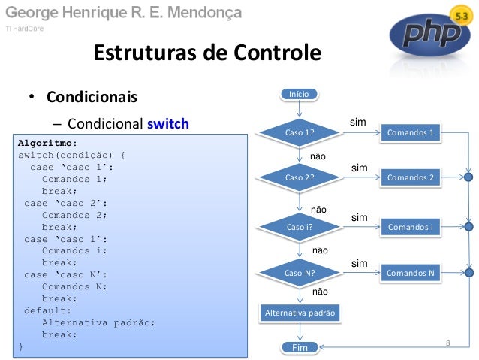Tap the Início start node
tap(299, 94)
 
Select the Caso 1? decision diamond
tap(299, 133)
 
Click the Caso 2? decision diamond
tap(299, 177)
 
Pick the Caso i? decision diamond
tap(299, 225)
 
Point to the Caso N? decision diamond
tap(299, 272)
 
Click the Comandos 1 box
tap(410, 133)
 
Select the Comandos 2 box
tap(410, 177)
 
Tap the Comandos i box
tap(410, 225)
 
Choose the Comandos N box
tap(410, 272)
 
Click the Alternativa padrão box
tap(300, 312)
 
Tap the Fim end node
tap(299, 347)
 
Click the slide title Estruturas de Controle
tap(206, 54)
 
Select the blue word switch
tap(168, 123)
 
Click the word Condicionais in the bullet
tap(92, 98)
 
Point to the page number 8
tap(448, 343)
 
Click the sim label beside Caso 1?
tap(358, 121)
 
